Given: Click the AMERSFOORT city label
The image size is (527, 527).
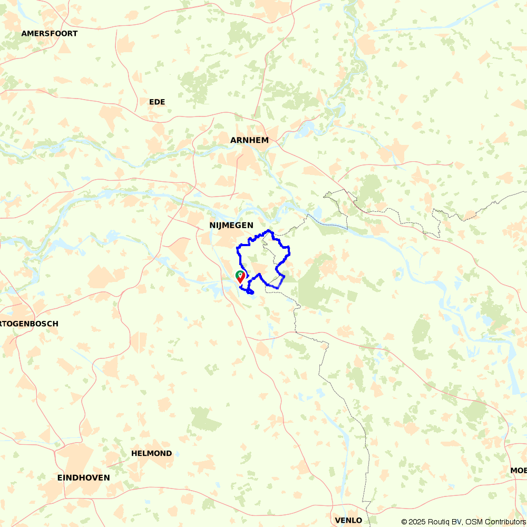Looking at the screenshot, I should [50, 34].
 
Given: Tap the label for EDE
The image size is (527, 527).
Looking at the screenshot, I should [157, 102].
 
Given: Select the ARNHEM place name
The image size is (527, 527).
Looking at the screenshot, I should [249, 140].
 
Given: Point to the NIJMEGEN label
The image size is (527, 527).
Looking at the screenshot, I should [231, 225].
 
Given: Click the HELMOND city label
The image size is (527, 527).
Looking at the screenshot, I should [152, 453].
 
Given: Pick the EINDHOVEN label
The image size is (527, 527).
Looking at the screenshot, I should [84, 478].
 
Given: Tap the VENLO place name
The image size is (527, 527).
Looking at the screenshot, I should [348, 520].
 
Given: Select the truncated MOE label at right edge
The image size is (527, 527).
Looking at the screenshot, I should [518, 470].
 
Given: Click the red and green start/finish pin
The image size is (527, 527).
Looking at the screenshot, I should [240, 277].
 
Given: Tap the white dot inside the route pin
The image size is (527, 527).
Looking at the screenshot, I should [240, 275].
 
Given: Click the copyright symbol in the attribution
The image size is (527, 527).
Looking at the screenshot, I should [404, 522].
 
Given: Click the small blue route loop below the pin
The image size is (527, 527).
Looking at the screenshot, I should [250, 291].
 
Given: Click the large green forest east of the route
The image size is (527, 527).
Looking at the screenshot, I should [314, 287].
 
